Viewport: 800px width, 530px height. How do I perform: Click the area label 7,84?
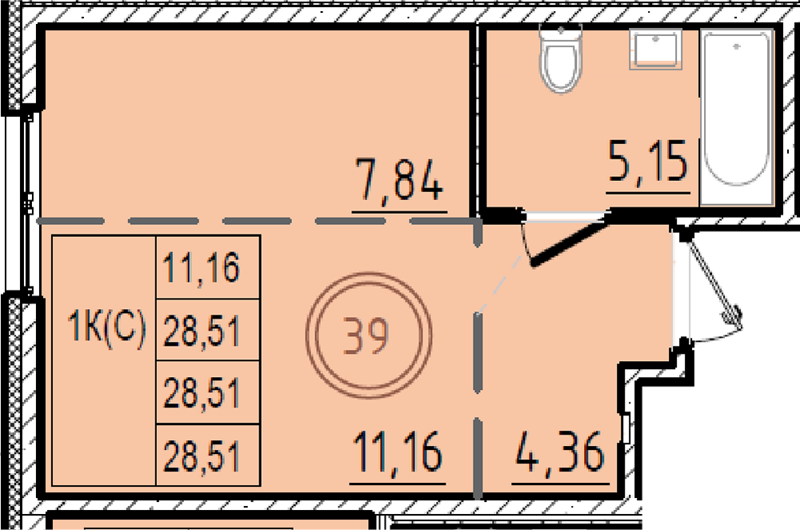click(399, 179)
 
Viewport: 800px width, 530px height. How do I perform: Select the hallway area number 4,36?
click(560, 452)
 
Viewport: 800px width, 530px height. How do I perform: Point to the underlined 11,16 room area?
click(398, 452)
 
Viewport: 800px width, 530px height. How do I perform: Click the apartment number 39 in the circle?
click(366, 335)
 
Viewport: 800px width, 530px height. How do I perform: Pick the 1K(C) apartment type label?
click(106, 327)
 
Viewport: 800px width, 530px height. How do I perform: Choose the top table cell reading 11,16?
click(201, 267)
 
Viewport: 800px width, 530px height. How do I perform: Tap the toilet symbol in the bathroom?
click(562, 58)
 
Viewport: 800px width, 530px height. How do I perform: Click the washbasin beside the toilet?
click(656, 49)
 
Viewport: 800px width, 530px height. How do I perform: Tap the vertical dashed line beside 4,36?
click(478, 357)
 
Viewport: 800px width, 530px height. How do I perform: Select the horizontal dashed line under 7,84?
click(258, 222)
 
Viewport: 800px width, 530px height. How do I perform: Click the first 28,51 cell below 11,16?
click(202, 331)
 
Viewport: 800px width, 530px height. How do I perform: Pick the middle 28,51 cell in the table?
click(202, 393)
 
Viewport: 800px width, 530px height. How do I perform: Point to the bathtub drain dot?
click(737, 46)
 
